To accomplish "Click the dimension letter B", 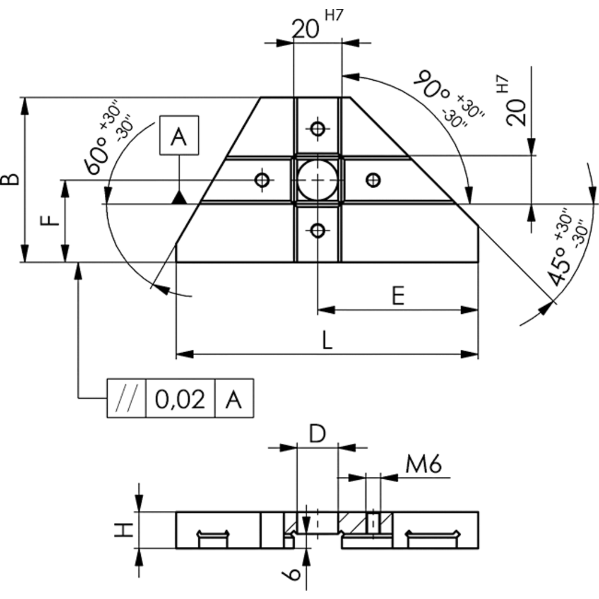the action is coord(10,179).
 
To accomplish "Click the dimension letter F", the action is coord(50,220).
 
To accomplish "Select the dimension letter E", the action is coord(398,296).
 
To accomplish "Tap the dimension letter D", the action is coord(317,434).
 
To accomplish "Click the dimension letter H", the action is coord(124,530).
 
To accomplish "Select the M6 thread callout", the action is coord(423,465).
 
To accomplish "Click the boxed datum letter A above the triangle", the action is coord(179,135).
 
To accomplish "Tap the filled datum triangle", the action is coord(179,198).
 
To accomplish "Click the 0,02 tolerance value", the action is coord(180,399).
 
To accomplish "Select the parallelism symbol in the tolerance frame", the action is coord(126,399).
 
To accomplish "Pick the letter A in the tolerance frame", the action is coord(234,399).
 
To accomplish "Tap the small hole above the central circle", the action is coord(317,128).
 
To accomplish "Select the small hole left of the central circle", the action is coord(262,180).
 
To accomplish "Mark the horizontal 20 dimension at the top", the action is coord(305,29).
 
